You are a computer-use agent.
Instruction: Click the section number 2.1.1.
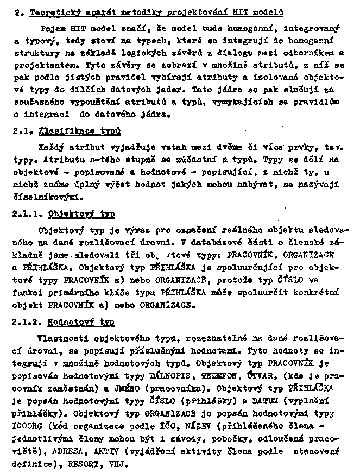tap(27, 213)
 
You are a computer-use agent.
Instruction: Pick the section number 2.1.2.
tap(27, 322)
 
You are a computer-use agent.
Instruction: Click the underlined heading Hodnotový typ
tap(81, 322)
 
